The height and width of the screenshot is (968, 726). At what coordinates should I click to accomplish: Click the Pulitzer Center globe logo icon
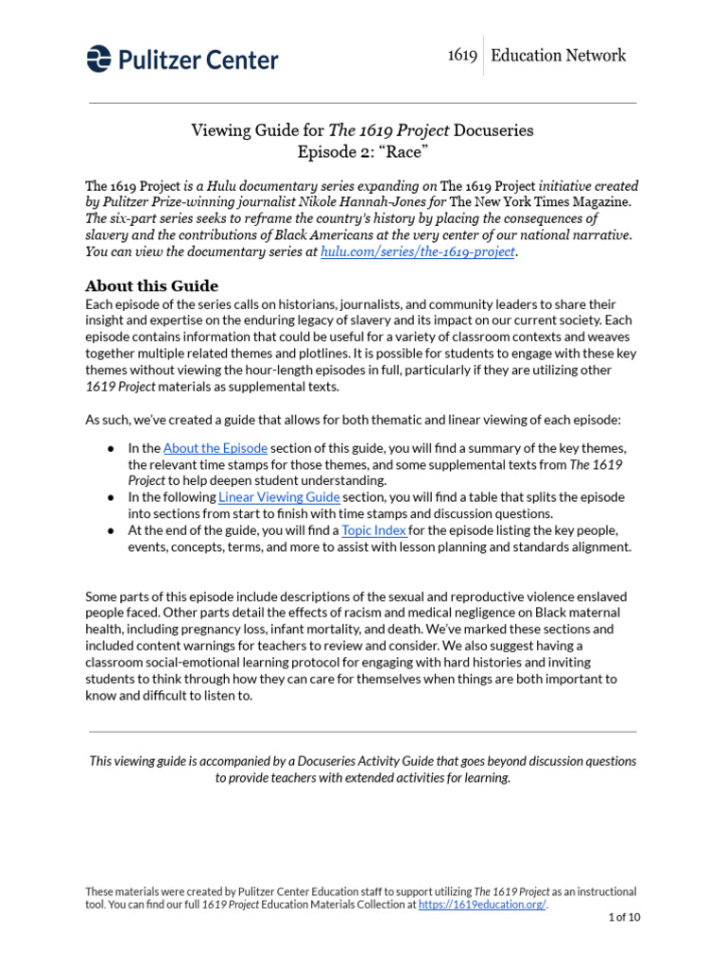(x=98, y=59)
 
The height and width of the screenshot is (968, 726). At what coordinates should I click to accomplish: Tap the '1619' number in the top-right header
(x=461, y=56)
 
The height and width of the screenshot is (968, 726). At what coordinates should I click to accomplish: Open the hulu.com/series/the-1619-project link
(x=418, y=252)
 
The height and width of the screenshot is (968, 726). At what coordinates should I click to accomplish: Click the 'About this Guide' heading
(x=151, y=285)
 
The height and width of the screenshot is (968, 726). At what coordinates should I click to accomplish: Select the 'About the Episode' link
(x=215, y=448)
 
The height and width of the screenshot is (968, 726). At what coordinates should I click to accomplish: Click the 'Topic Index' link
(x=374, y=530)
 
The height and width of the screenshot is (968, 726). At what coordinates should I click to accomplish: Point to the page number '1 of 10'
(x=623, y=918)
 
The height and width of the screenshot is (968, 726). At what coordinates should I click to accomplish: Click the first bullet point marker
(x=111, y=449)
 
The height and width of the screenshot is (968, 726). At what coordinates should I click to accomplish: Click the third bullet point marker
(x=111, y=531)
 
